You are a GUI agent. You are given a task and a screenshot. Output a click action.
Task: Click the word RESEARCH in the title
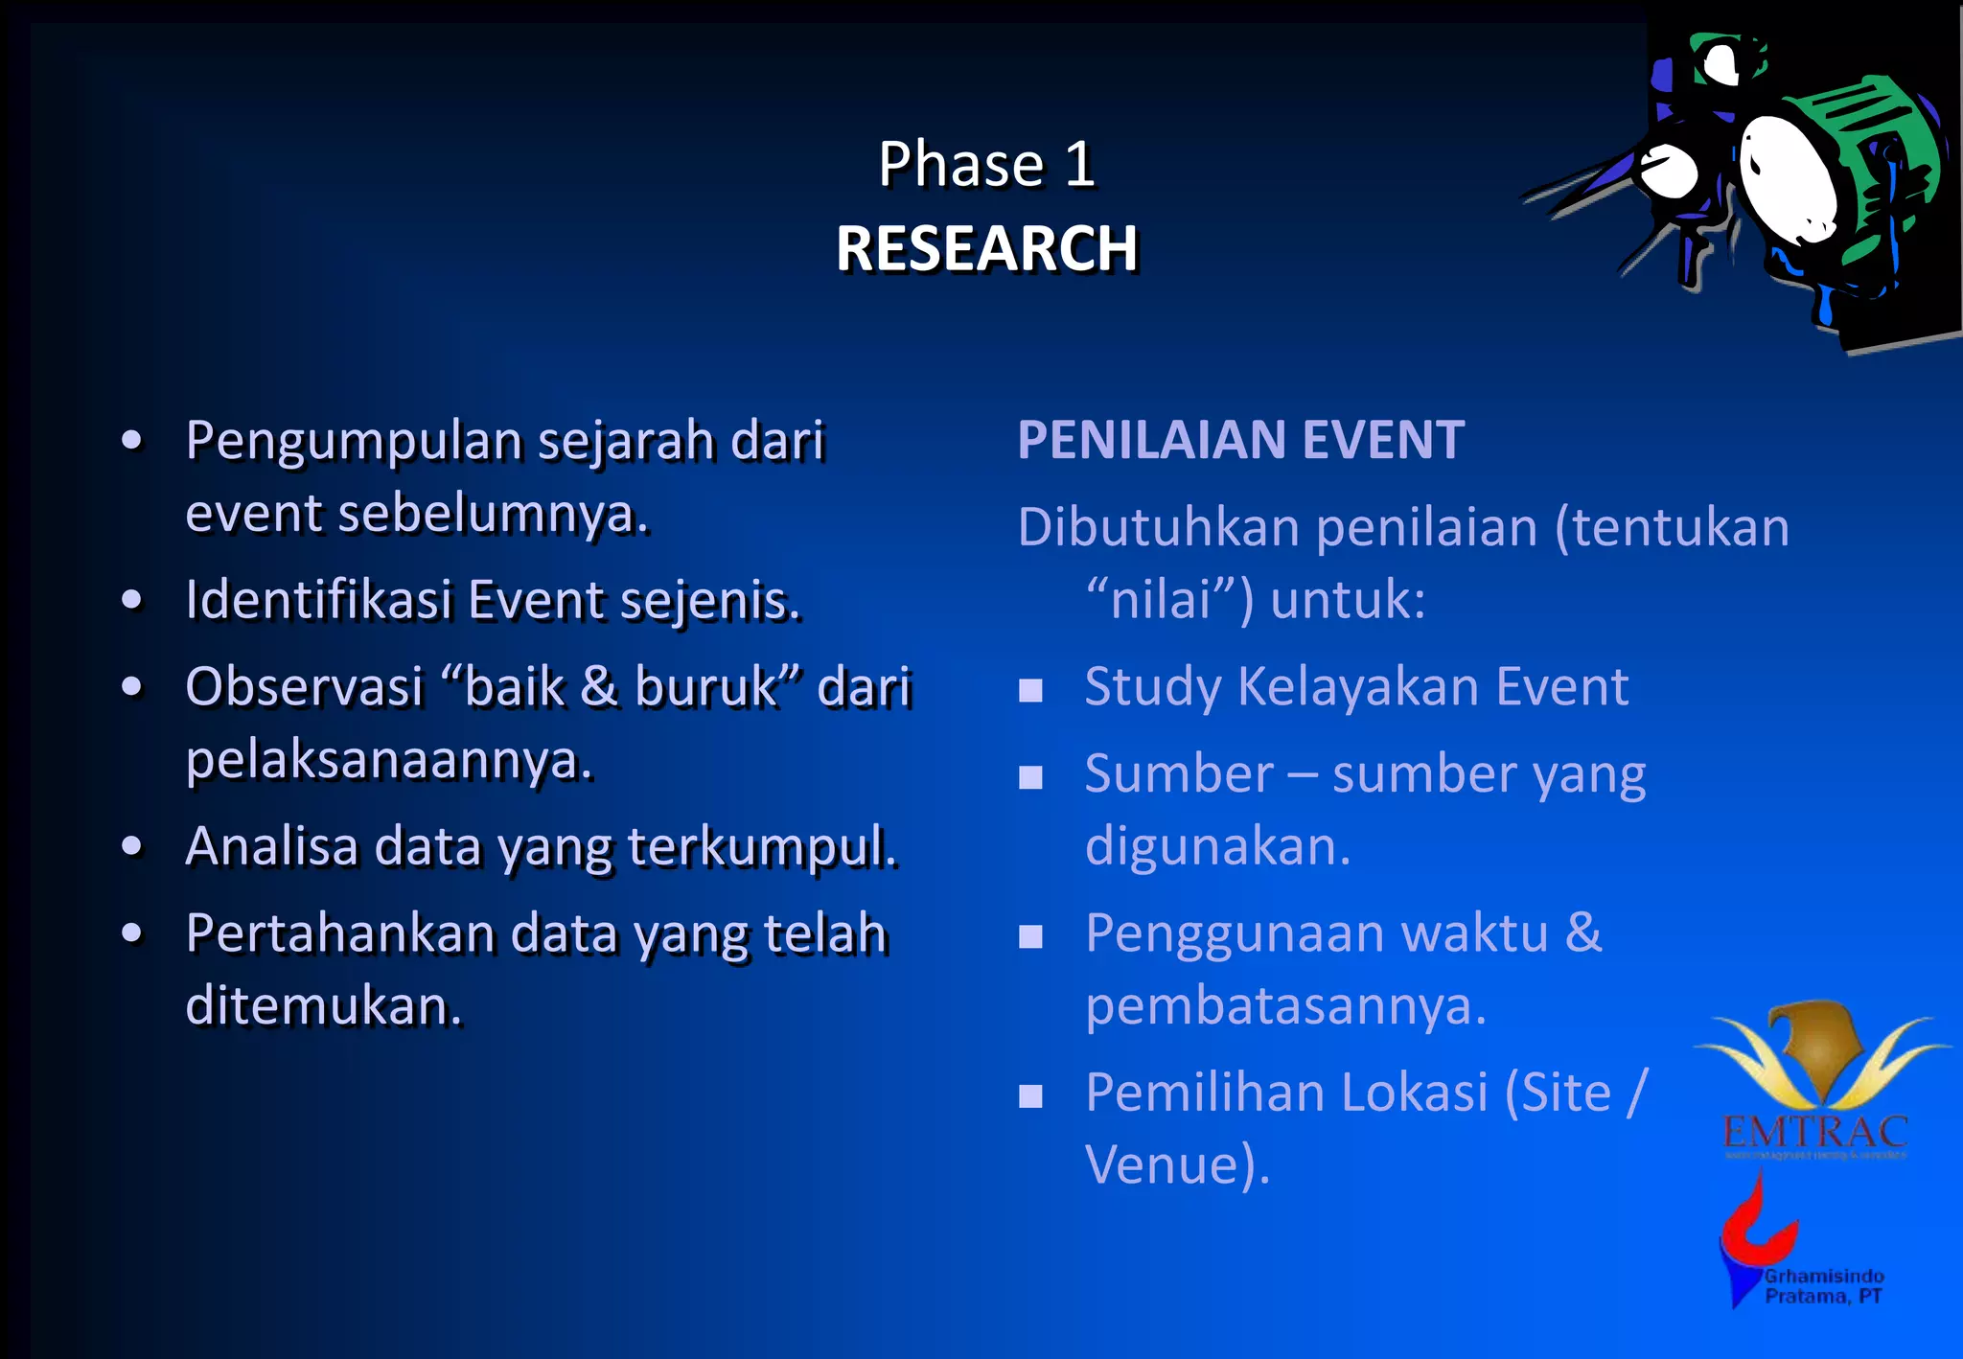click(986, 249)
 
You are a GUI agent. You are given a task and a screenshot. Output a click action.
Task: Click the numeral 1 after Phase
click(1080, 164)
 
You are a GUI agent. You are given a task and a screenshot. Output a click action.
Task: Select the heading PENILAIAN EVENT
click(1240, 440)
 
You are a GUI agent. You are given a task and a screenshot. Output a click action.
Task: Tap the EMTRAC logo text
click(1814, 1133)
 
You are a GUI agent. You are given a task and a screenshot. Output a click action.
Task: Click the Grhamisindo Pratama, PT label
click(1824, 1286)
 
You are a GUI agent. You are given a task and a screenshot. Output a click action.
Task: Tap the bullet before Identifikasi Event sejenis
click(132, 601)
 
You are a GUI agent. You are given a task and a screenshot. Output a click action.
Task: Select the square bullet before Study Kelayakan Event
click(1030, 690)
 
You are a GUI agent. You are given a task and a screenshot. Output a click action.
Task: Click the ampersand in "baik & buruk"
click(599, 687)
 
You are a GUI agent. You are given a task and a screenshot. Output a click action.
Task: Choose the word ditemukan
click(323, 1006)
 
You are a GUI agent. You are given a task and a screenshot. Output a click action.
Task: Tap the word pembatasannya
click(1284, 1006)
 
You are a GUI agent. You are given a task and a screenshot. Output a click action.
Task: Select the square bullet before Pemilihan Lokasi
click(1030, 1095)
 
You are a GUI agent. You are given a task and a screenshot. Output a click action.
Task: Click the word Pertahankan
click(340, 934)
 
